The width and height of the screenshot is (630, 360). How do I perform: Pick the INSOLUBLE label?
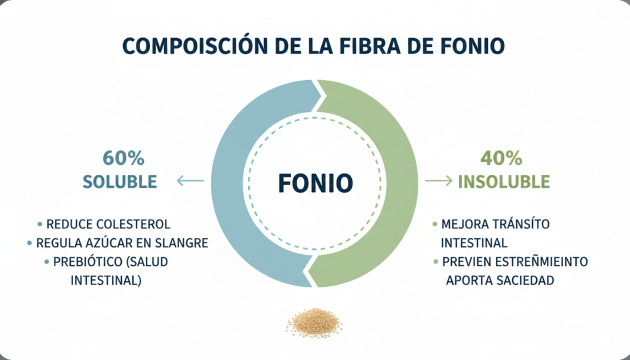coord(504,182)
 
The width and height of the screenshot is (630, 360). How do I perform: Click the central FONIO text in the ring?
coord(315,182)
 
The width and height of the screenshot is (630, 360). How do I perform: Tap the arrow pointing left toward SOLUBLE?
coord(190,181)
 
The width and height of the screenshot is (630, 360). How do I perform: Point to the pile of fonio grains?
coord(314,321)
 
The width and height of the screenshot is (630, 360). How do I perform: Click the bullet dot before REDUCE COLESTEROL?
coord(40,224)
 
